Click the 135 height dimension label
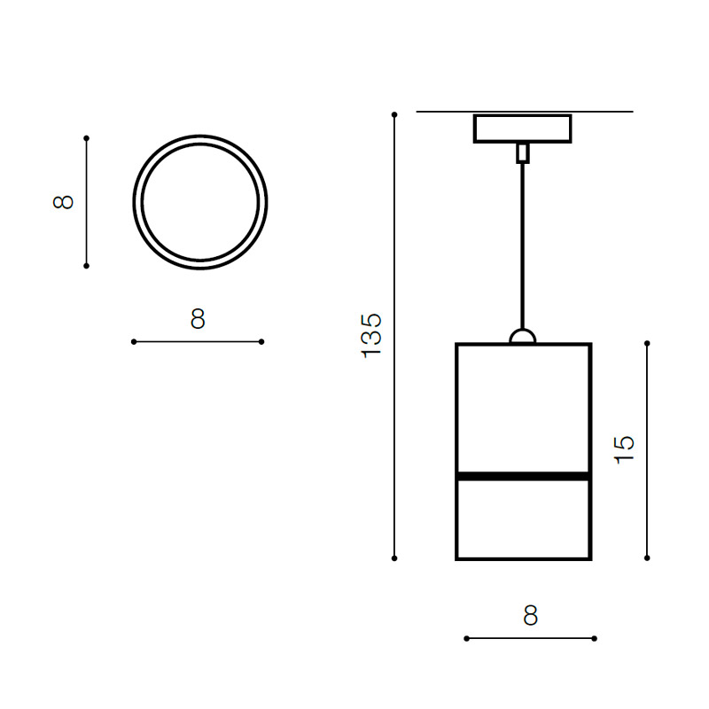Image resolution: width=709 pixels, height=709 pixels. pyautogui.click(x=371, y=336)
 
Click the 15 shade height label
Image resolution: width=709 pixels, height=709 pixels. pyautogui.click(x=624, y=449)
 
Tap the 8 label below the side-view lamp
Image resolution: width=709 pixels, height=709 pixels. pyautogui.click(x=530, y=615)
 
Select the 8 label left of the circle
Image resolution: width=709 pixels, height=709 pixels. pyautogui.click(x=63, y=202)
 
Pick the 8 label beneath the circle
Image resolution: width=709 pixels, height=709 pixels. pyautogui.click(x=198, y=319)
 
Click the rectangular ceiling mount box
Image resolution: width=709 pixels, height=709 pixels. pyautogui.click(x=522, y=129)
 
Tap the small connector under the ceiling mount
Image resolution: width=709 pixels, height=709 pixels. pyautogui.click(x=523, y=152)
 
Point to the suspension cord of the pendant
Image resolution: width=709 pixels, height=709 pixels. pyautogui.click(x=523, y=246)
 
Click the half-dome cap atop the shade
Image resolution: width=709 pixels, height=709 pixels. pyautogui.click(x=523, y=337)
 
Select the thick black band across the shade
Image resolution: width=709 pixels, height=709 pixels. pyautogui.click(x=523, y=476)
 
